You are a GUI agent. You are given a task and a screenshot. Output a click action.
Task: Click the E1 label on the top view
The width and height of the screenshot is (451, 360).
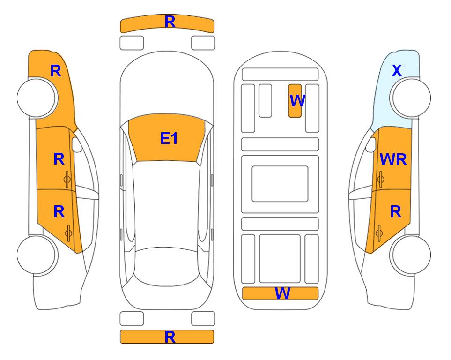169,138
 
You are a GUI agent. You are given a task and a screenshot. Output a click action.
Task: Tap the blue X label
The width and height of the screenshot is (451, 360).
397,71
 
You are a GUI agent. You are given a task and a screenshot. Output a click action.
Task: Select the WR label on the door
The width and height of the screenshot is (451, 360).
393,159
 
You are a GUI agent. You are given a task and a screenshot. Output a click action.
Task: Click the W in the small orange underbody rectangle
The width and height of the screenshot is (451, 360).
297,101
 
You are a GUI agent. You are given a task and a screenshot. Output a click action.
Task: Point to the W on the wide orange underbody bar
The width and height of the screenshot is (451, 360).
282,293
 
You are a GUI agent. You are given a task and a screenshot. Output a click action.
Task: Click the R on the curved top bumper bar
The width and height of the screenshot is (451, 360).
170,22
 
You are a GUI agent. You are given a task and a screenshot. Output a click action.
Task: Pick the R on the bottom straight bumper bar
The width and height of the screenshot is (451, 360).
170,337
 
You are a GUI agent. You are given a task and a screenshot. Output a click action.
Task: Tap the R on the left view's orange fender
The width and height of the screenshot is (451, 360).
56,71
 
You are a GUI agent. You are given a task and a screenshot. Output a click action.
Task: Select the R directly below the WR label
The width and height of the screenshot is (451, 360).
396,212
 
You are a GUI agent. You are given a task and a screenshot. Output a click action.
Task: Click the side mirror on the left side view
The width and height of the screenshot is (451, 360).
76,144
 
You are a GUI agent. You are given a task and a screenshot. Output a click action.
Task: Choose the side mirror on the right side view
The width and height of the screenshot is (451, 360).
371,144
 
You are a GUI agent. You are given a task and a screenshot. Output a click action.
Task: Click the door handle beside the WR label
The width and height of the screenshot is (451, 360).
381,179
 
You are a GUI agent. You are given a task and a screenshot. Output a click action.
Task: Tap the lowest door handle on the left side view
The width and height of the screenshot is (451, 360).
68,233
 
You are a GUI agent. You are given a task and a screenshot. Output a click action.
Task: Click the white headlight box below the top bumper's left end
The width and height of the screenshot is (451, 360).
132,43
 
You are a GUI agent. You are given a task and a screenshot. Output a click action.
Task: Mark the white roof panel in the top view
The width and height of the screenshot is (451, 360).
167,204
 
